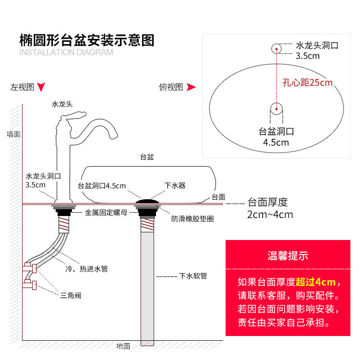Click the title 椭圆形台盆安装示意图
[x=86, y=40]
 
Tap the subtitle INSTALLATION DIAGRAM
[x=66, y=52]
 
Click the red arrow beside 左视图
[x=42, y=87]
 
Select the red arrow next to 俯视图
[x=191, y=87]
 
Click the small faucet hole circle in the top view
[x=276, y=48]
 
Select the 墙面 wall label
[x=13, y=134]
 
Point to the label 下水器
[x=175, y=185]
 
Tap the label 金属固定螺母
[x=106, y=212]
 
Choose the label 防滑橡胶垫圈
[x=192, y=218]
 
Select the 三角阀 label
[x=71, y=295]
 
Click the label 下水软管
[x=193, y=276]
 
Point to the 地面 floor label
[x=123, y=346]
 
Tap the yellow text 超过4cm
[x=315, y=281]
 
